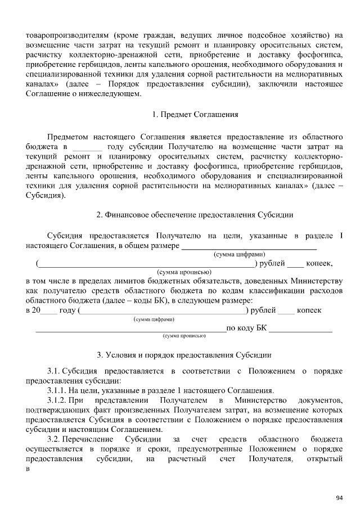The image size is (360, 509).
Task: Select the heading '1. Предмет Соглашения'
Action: click(x=195, y=115)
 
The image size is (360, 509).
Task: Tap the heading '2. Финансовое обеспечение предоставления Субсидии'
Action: click(x=195, y=215)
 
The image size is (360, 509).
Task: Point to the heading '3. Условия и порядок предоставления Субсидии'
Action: click(x=184, y=355)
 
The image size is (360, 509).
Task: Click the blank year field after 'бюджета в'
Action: click(x=88, y=147)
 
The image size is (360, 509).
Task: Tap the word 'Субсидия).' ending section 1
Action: click(x=46, y=196)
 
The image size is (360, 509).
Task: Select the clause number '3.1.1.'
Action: click(x=57, y=390)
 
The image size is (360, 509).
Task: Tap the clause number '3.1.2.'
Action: click(x=57, y=400)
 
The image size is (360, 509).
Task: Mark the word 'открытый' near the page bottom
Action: click(x=325, y=460)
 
